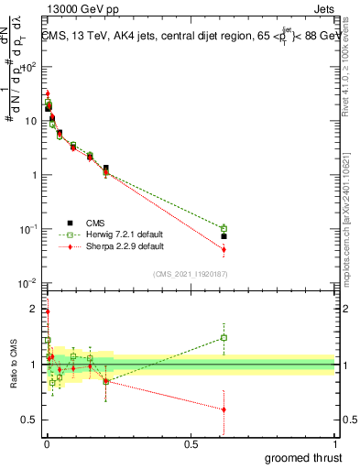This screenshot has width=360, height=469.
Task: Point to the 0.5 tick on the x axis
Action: pos(191,445)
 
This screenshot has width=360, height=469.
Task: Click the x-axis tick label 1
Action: pos(334,445)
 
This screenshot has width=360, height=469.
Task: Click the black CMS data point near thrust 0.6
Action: pos(224,236)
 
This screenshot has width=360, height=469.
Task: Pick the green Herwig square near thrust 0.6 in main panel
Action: pos(224,228)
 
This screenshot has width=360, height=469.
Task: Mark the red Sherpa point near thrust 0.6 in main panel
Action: pos(224,249)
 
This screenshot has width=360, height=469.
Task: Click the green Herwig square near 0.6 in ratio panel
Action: pos(224,337)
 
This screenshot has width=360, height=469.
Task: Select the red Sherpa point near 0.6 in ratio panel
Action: pos(224,409)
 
